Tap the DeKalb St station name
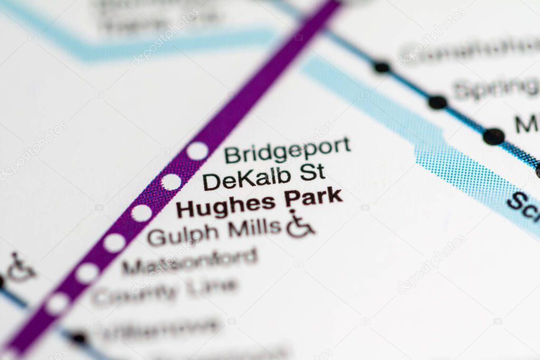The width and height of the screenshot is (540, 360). click(264, 177)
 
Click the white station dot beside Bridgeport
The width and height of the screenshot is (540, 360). click(197, 151)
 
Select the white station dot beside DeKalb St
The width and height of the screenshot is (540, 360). click(171, 182)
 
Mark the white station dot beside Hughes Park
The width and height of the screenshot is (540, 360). click(141, 213)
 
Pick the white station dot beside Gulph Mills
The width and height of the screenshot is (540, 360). click(114, 243)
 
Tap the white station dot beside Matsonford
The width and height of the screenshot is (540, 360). click(87, 273)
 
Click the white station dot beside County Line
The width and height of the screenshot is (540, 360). click(57, 304)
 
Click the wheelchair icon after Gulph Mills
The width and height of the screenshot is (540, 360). click(300, 225)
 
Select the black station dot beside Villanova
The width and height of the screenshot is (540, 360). click(79, 338)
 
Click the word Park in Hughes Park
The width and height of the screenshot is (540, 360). click(313, 198)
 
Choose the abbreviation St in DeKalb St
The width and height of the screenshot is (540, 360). click(312, 172)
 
